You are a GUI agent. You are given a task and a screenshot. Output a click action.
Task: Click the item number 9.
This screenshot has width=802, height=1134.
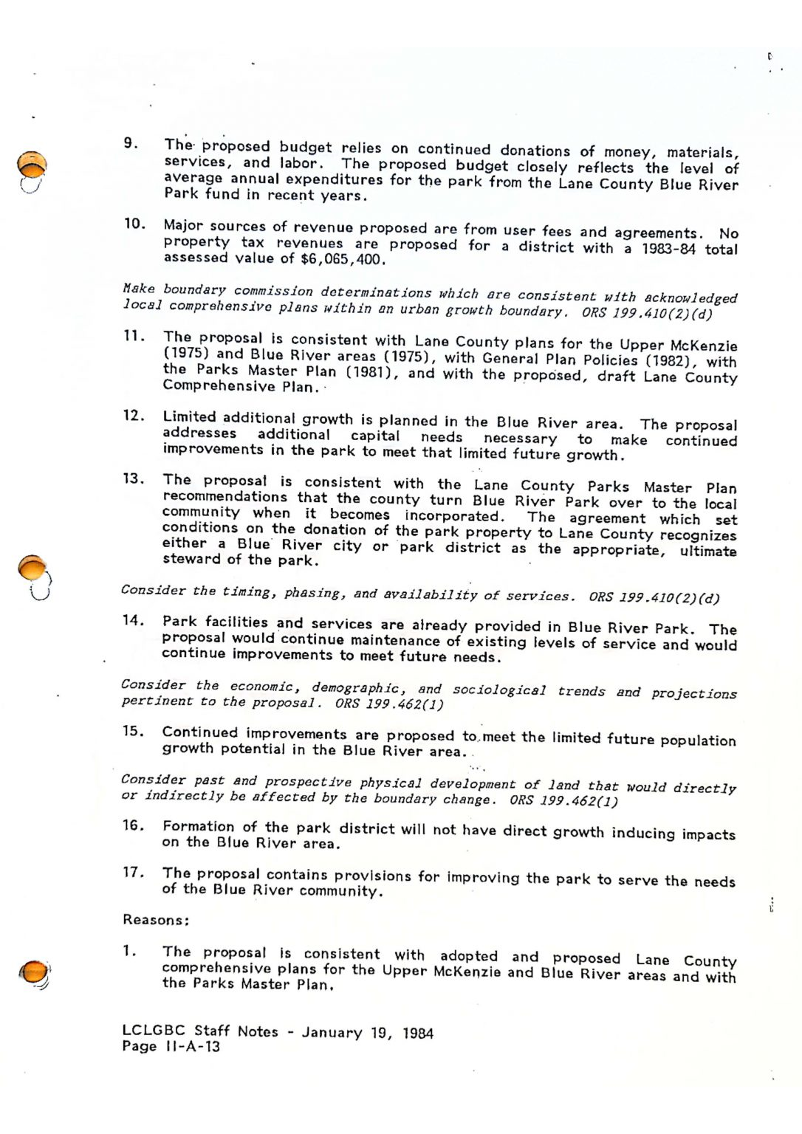coord(130,142)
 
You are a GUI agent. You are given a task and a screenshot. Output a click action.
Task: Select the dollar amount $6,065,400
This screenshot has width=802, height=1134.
coord(343,259)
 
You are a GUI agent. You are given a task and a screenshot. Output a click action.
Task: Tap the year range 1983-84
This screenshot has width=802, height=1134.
coord(668,249)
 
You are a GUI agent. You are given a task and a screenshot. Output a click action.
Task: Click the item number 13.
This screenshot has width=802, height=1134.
coord(133,478)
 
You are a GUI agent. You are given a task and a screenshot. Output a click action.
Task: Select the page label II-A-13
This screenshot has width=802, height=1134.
coord(192,1046)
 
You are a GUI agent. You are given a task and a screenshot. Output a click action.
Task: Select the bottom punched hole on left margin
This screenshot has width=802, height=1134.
coord(34,972)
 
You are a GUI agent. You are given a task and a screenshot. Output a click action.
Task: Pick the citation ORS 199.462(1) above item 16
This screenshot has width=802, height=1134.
coord(563,800)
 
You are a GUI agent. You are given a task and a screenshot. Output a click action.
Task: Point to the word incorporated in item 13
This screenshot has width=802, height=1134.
coord(454,515)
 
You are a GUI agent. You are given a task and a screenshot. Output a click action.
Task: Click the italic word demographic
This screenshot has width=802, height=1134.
coord(358,687)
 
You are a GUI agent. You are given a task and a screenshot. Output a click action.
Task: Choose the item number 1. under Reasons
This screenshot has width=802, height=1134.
coord(129,951)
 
